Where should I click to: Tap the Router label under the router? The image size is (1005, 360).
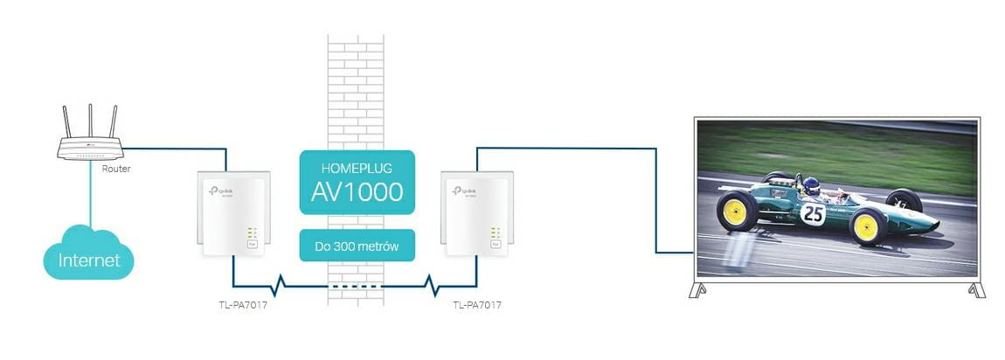point(116,169)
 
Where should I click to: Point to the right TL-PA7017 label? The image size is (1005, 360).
point(477,305)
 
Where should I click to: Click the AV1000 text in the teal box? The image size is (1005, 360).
point(357,191)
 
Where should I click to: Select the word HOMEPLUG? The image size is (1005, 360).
point(357,166)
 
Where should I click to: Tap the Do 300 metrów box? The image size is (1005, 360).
point(357,246)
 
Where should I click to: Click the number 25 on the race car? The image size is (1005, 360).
point(813,213)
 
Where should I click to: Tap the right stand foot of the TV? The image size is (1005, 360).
point(977,289)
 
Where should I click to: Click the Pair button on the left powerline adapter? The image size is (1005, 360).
point(253,246)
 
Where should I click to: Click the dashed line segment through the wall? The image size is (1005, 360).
point(356,286)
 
